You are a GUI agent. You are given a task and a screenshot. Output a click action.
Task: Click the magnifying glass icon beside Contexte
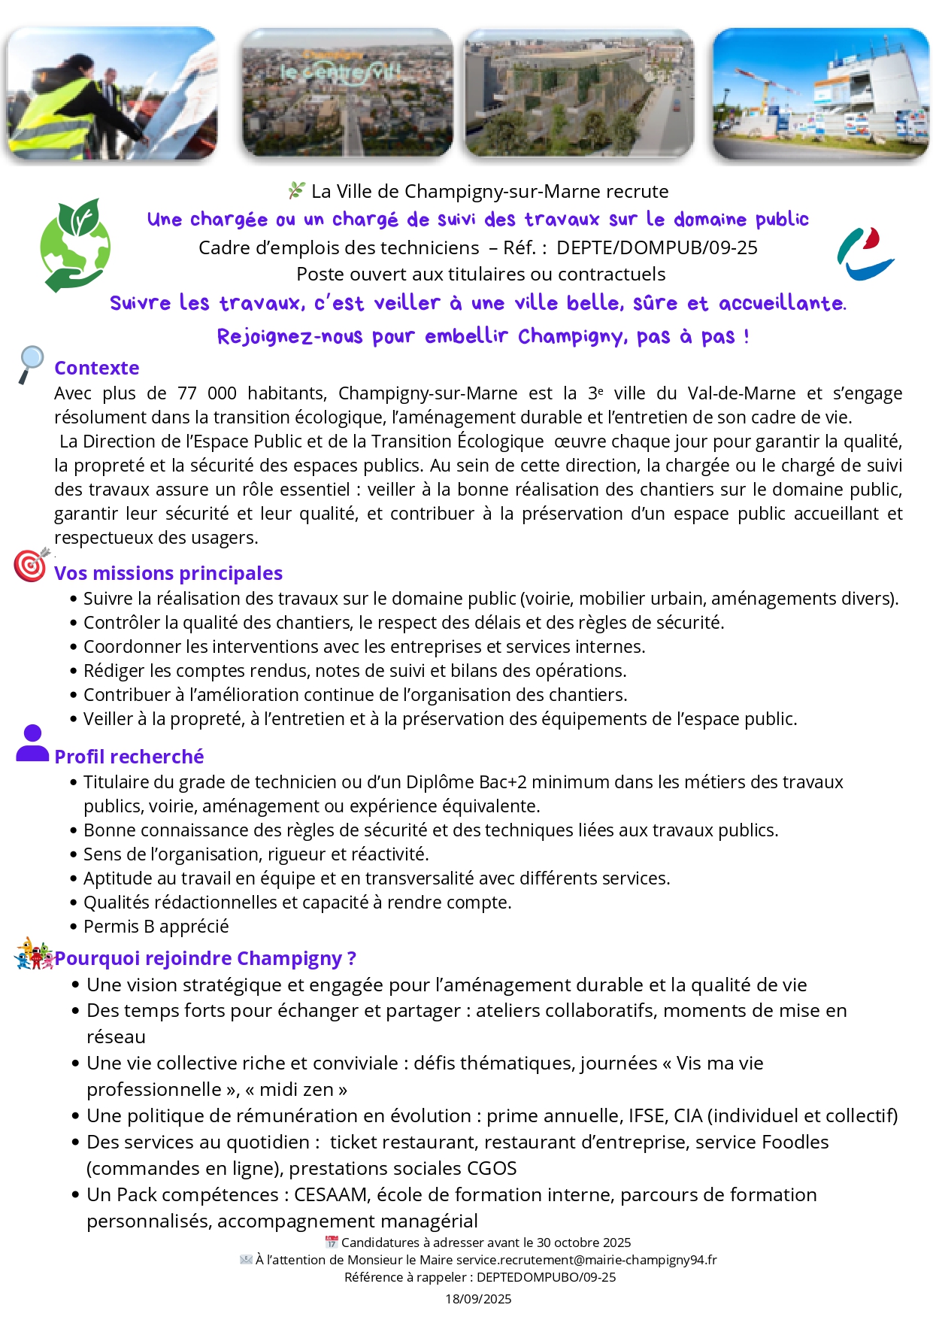point(31,364)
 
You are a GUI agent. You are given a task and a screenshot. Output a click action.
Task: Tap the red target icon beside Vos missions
point(31,565)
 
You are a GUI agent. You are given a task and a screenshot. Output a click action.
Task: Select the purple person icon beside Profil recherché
point(32,744)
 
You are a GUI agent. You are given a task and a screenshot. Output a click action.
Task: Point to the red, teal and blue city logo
point(865,254)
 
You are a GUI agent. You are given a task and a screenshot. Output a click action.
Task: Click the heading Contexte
point(96,368)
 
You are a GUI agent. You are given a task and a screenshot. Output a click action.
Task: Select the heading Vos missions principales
point(168,573)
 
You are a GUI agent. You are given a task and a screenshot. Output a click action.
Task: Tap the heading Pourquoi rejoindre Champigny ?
point(205,958)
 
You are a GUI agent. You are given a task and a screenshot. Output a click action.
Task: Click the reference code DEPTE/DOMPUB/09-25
point(657,247)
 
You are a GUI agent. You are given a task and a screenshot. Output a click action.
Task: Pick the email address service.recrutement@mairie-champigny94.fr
point(586,1260)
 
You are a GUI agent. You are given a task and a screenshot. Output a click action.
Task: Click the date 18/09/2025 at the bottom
point(478,1299)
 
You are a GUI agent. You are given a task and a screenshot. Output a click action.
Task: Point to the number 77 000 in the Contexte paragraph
point(207,393)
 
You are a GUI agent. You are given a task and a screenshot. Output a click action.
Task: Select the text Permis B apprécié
point(156,927)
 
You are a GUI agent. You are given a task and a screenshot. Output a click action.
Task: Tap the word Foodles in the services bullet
point(795,1142)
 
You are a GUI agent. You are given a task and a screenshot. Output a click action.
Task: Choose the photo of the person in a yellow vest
point(112,93)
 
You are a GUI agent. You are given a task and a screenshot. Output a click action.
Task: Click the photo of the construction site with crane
point(820,93)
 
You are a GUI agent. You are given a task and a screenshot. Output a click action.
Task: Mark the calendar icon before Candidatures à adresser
point(331,1242)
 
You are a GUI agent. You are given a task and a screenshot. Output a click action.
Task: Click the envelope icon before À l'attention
point(246,1259)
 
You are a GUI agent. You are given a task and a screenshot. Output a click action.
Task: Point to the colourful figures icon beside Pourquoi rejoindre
point(33,954)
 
